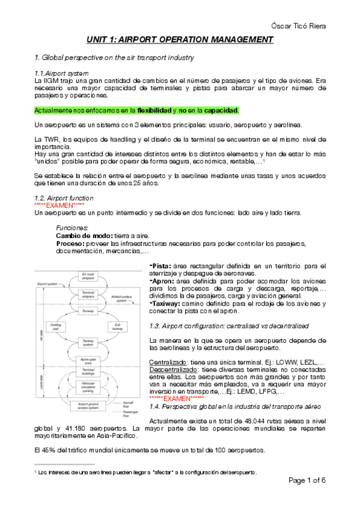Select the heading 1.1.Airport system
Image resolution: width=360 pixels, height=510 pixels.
63,72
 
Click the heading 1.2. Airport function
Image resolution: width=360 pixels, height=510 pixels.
64,198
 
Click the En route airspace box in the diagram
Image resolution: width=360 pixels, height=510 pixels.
88,275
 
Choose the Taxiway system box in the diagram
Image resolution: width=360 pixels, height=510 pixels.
88,342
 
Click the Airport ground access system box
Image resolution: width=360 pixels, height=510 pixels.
88,407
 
